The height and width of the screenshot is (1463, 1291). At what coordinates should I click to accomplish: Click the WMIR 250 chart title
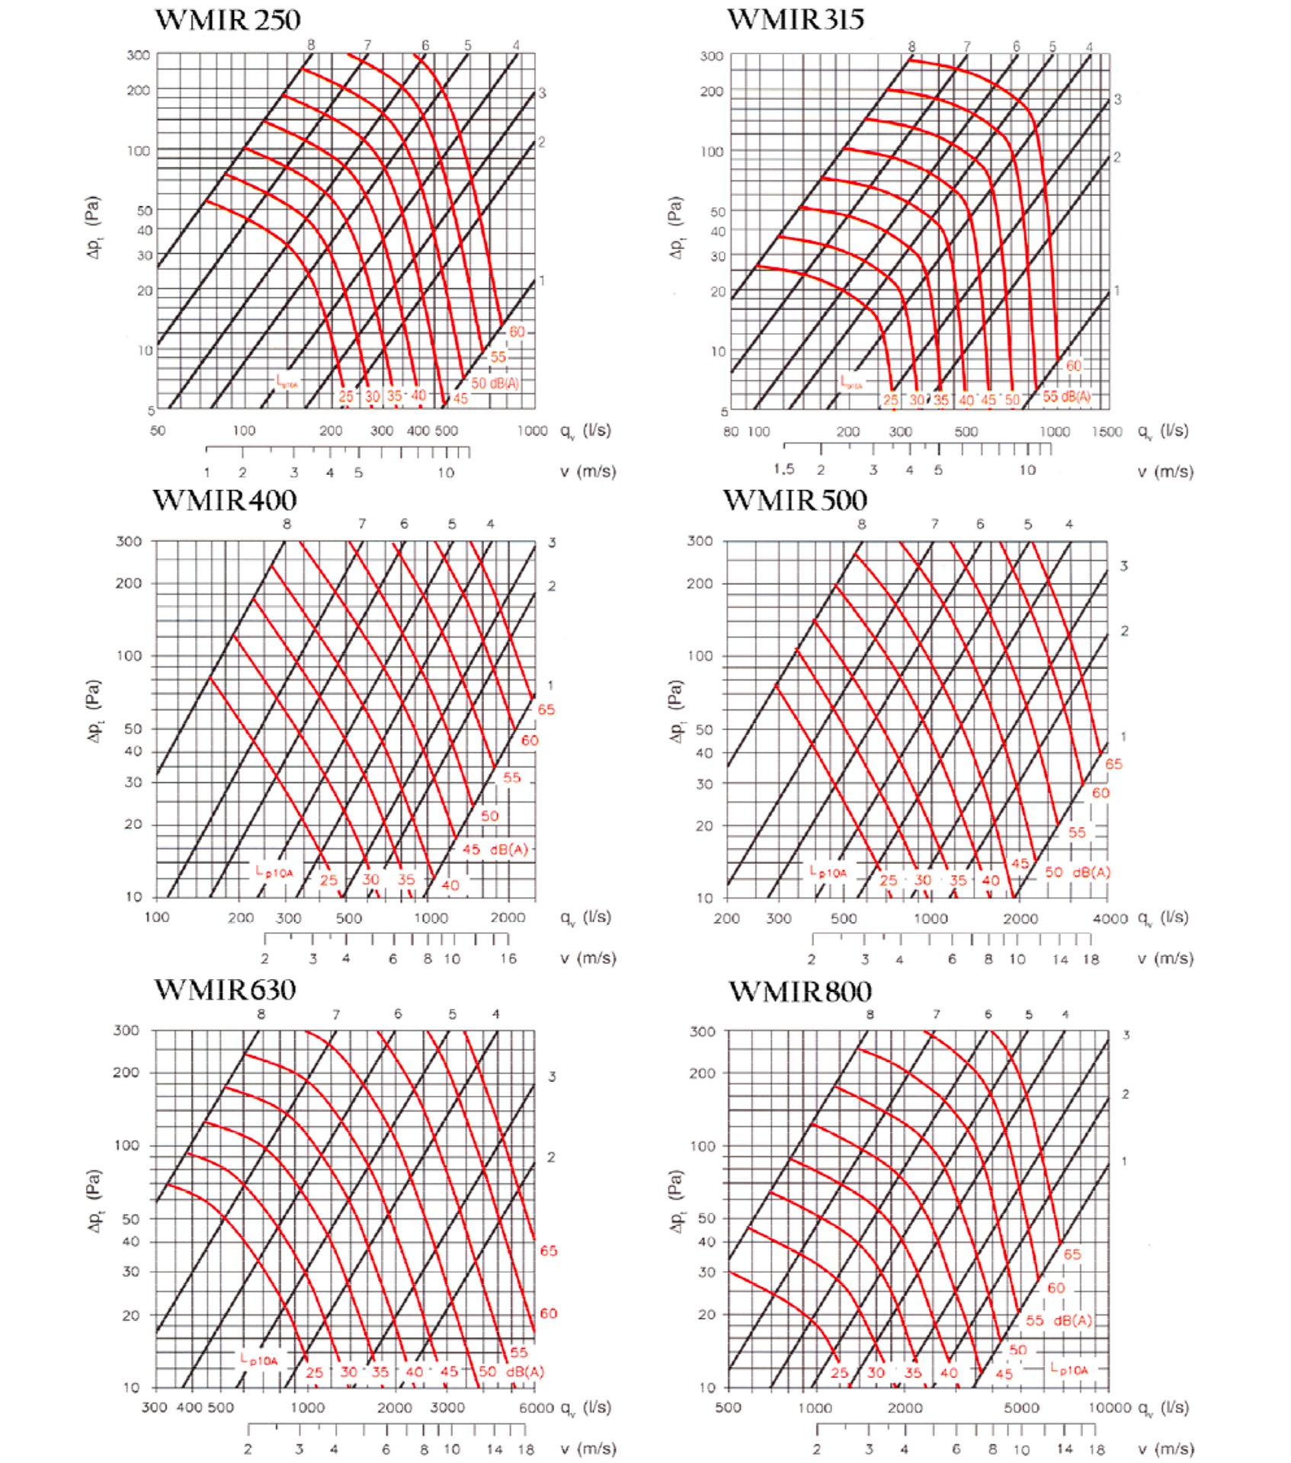click(228, 20)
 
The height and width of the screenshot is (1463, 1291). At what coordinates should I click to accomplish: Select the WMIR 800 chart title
click(799, 991)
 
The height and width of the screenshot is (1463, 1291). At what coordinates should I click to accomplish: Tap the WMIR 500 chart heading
click(795, 501)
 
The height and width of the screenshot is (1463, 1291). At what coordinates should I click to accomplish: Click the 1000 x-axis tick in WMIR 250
click(532, 431)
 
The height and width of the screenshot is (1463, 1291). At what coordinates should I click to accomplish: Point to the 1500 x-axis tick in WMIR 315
click(1107, 432)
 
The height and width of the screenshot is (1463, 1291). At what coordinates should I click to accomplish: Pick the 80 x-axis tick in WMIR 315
click(730, 432)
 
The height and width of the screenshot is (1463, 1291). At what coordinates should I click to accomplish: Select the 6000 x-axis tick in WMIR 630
click(536, 1407)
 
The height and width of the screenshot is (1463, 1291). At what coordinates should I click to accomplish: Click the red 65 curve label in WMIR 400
click(546, 709)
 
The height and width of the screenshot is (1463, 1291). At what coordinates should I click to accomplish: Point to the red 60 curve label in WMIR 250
click(517, 331)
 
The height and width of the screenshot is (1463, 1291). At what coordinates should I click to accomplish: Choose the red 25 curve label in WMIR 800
click(839, 1372)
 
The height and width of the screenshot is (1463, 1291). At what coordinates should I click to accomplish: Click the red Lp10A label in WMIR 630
click(260, 1359)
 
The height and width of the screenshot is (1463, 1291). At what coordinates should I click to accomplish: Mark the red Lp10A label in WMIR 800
click(1069, 1369)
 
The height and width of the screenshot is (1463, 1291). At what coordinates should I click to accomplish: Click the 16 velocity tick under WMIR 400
click(508, 959)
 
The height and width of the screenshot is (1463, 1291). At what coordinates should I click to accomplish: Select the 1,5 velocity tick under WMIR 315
click(783, 469)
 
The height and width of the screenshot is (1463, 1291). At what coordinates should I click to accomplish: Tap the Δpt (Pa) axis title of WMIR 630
click(94, 1202)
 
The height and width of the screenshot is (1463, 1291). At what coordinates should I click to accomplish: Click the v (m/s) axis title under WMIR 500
click(1165, 959)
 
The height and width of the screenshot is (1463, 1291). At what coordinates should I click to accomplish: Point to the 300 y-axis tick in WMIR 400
click(129, 542)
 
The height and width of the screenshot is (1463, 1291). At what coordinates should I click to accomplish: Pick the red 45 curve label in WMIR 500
click(1020, 863)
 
